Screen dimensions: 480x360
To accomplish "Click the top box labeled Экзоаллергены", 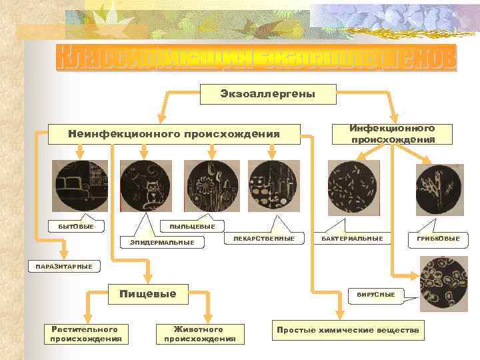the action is (x=258, y=94).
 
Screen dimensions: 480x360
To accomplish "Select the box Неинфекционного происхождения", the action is (x=174, y=133).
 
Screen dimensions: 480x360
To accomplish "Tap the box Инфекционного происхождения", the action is (x=393, y=133).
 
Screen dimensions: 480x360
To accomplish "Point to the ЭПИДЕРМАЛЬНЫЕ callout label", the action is (x=161, y=242).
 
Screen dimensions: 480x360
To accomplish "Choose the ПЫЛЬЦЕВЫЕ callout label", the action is (x=192, y=227).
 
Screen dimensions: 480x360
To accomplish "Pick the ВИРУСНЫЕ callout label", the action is (x=375, y=295).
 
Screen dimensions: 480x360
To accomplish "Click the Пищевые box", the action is (x=147, y=293).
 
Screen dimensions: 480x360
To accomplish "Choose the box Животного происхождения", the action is (x=199, y=333).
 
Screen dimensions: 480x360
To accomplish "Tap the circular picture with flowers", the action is (x=211, y=186).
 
